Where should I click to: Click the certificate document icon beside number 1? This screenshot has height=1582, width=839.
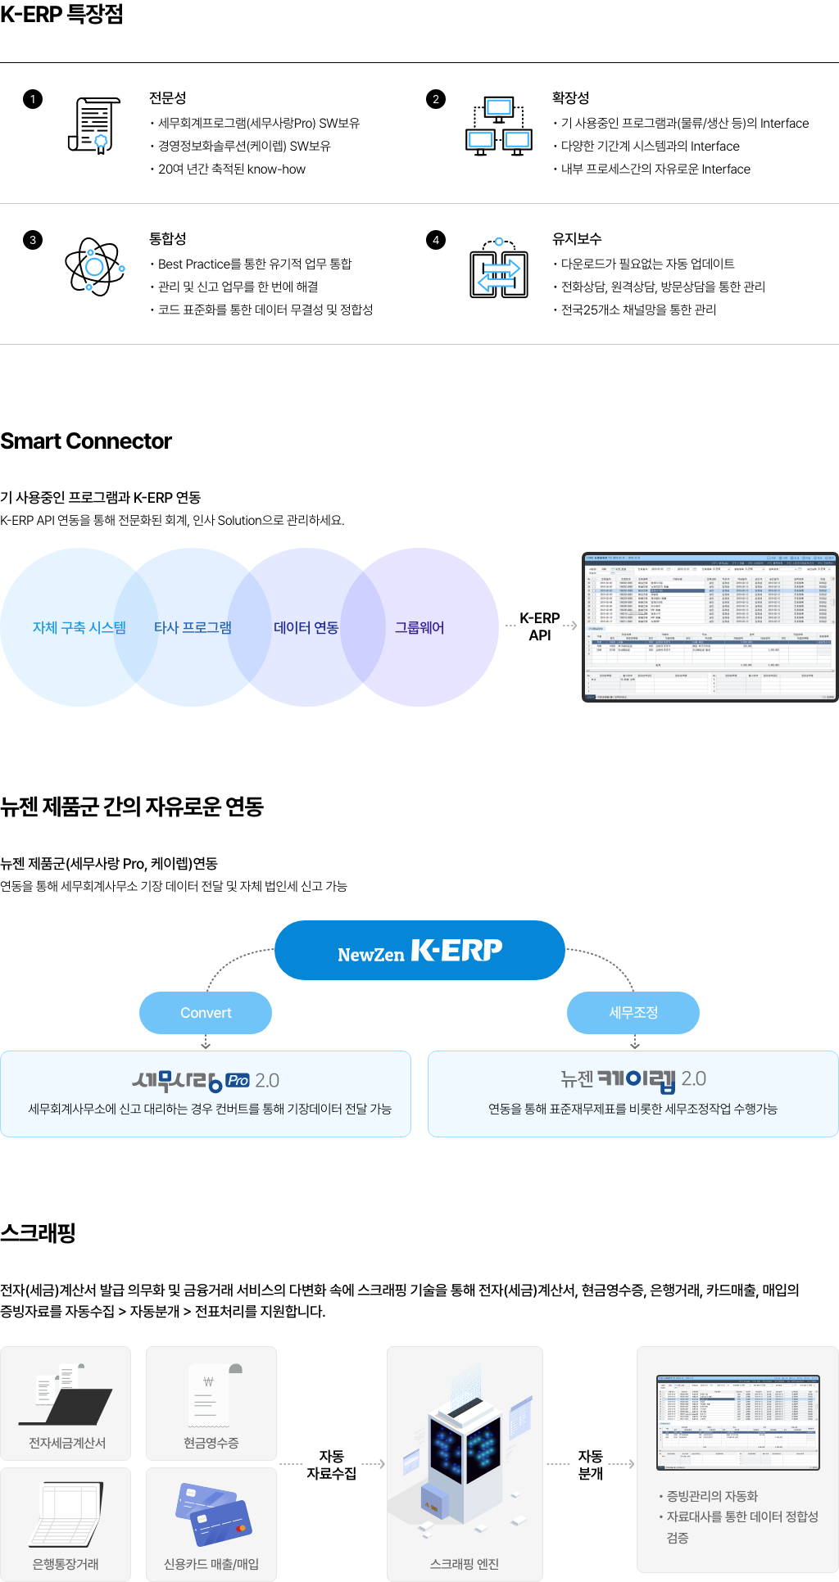point(93,124)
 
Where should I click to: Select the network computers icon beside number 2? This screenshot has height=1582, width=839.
point(499,126)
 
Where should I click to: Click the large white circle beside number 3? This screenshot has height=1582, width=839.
point(95,267)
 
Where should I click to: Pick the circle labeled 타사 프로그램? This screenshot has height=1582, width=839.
point(193,627)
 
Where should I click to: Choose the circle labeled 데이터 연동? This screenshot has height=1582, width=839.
point(306,627)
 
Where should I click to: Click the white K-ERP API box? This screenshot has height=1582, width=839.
point(540,626)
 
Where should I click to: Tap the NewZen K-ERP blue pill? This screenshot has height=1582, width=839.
point(419,950)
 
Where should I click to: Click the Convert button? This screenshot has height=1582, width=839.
point(206,1013)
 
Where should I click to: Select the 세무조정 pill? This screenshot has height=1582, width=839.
point(633,1013)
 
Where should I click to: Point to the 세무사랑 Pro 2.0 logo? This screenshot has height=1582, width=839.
point(206,1080)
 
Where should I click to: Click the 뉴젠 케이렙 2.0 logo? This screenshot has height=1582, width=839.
point(633,1079)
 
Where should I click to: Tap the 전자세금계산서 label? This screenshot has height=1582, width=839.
point(67,1443)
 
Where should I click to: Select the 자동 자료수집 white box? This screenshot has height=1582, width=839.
point(332,1464)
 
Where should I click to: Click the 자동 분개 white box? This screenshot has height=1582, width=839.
point(590,1464)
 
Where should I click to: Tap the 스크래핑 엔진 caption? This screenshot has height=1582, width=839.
point(465,1564)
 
